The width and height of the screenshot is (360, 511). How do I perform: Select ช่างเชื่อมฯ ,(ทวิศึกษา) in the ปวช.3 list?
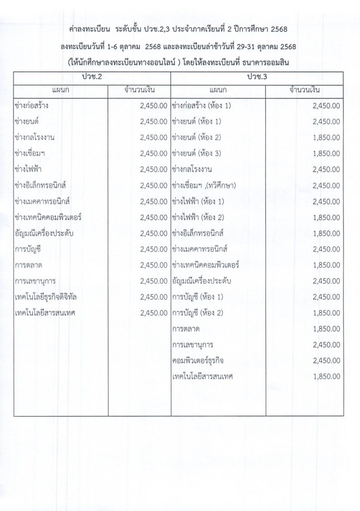[203, 185]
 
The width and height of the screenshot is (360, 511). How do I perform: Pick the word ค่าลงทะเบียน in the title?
[90, 30]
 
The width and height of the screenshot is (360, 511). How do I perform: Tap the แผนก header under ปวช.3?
[218, 90]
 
